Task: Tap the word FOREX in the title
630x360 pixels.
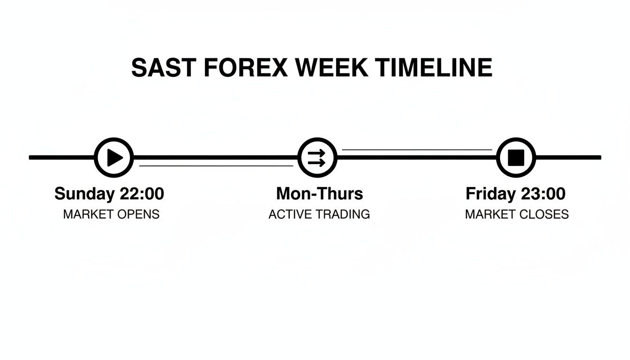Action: tap(246, 68)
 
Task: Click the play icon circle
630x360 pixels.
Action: tap(114, 157)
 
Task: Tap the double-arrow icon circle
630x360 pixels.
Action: tap(317, 157)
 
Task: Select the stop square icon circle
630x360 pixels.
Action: tap(516, 157)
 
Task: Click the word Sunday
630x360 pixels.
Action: tap(84, 194)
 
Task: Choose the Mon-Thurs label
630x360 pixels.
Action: tap(319, 194)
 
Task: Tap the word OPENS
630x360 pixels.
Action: tap(138, 215)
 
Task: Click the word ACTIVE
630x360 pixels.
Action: tap(290, 215)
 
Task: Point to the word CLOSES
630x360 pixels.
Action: tap(546, 215)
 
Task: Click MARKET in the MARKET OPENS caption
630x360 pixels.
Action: tap(89, 215)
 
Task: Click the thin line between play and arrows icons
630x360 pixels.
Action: tap(216, 165)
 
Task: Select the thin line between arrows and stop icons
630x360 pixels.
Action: tap(417, 150)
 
